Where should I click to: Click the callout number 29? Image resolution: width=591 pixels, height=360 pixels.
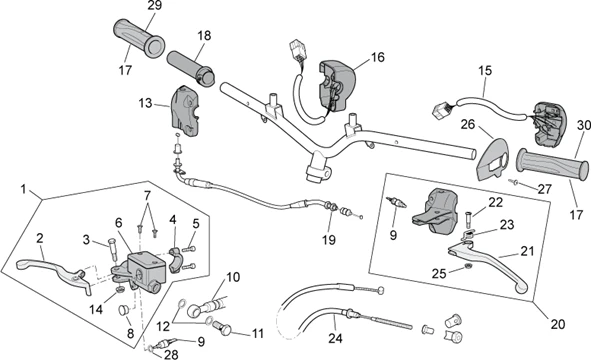click(153, 7)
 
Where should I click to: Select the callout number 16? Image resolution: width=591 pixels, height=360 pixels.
click(377, 58)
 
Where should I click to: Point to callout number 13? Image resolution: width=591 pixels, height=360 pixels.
click(146, 103)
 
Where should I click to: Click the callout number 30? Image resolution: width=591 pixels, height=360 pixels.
click(583, 125)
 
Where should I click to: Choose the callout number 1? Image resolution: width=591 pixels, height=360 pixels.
click(21, 188)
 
